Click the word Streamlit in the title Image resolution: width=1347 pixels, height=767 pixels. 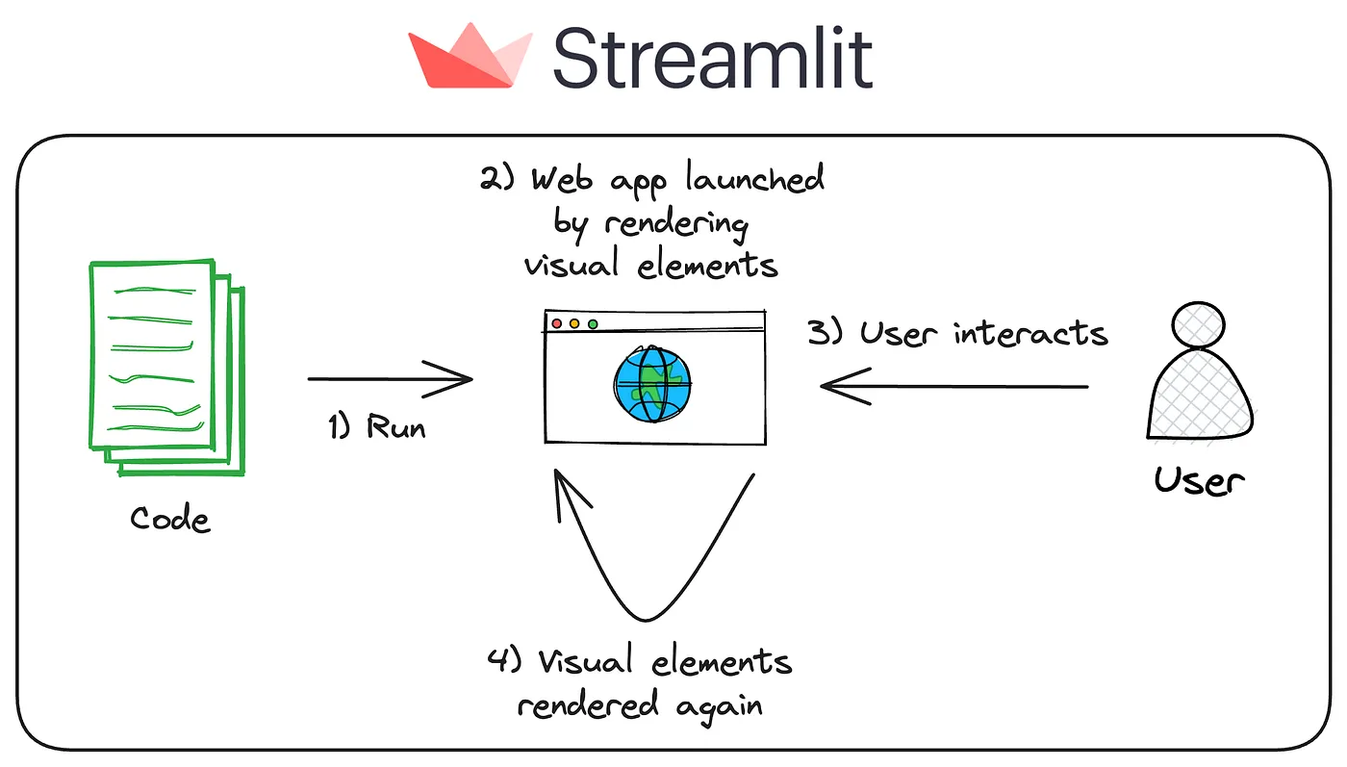[x=712, y=58]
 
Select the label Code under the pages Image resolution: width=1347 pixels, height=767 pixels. [x=169, y=520]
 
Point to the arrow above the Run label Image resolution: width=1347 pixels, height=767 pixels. [x=390, y=379]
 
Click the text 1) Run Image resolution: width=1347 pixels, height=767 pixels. [x=376, y=426]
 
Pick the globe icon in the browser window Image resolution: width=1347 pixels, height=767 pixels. [x=653, y=383]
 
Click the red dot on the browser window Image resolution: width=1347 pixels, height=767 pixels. [x=557, y=324]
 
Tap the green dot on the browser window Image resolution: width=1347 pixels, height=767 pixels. [x=593, y=324]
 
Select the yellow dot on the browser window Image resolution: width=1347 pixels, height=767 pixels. [x=574, y=324]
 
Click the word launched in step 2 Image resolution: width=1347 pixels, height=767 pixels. [x=755, y=180]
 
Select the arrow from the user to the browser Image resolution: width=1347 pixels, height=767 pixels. [x=953, y=387]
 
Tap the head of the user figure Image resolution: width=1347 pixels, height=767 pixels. [x=1200, y=324]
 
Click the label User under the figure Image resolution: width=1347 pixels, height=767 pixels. [x=1199, y=479]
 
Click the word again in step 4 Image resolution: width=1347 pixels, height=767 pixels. [x=719, y=705]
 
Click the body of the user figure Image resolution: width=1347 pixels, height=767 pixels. [x=1200, y=395]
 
